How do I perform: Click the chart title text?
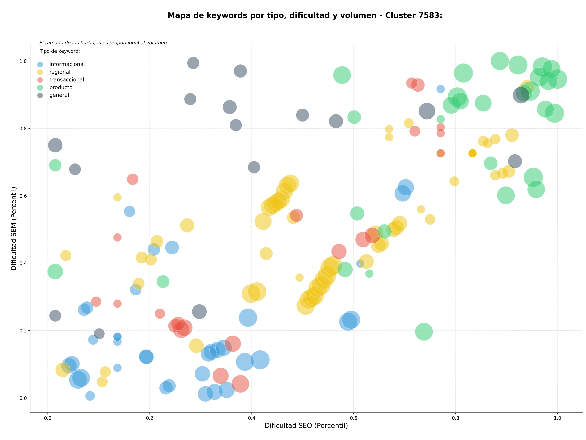pyautogui.click(x=305, y=15)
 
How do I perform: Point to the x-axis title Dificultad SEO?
pyautogui.click(x=306, y=426)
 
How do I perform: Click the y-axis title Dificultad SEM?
pyautogui.click(x=14, y=228)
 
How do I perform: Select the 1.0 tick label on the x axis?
pyautogui.click(x=557, y=418)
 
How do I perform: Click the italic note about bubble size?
pyautogui.click(x=103, y=43)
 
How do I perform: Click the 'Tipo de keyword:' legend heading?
pyautogui.click(x=60, y=51)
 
